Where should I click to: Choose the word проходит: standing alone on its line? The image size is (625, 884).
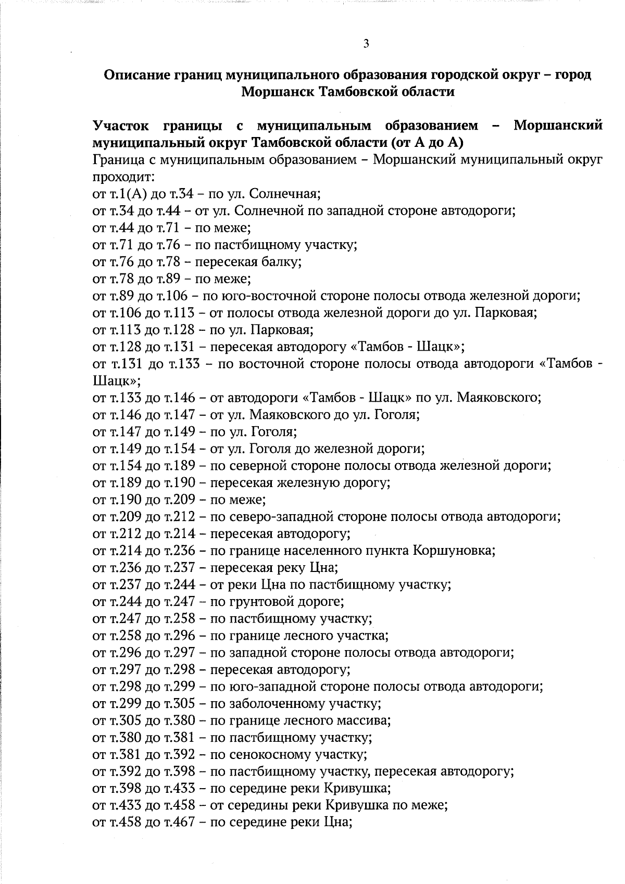121,177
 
